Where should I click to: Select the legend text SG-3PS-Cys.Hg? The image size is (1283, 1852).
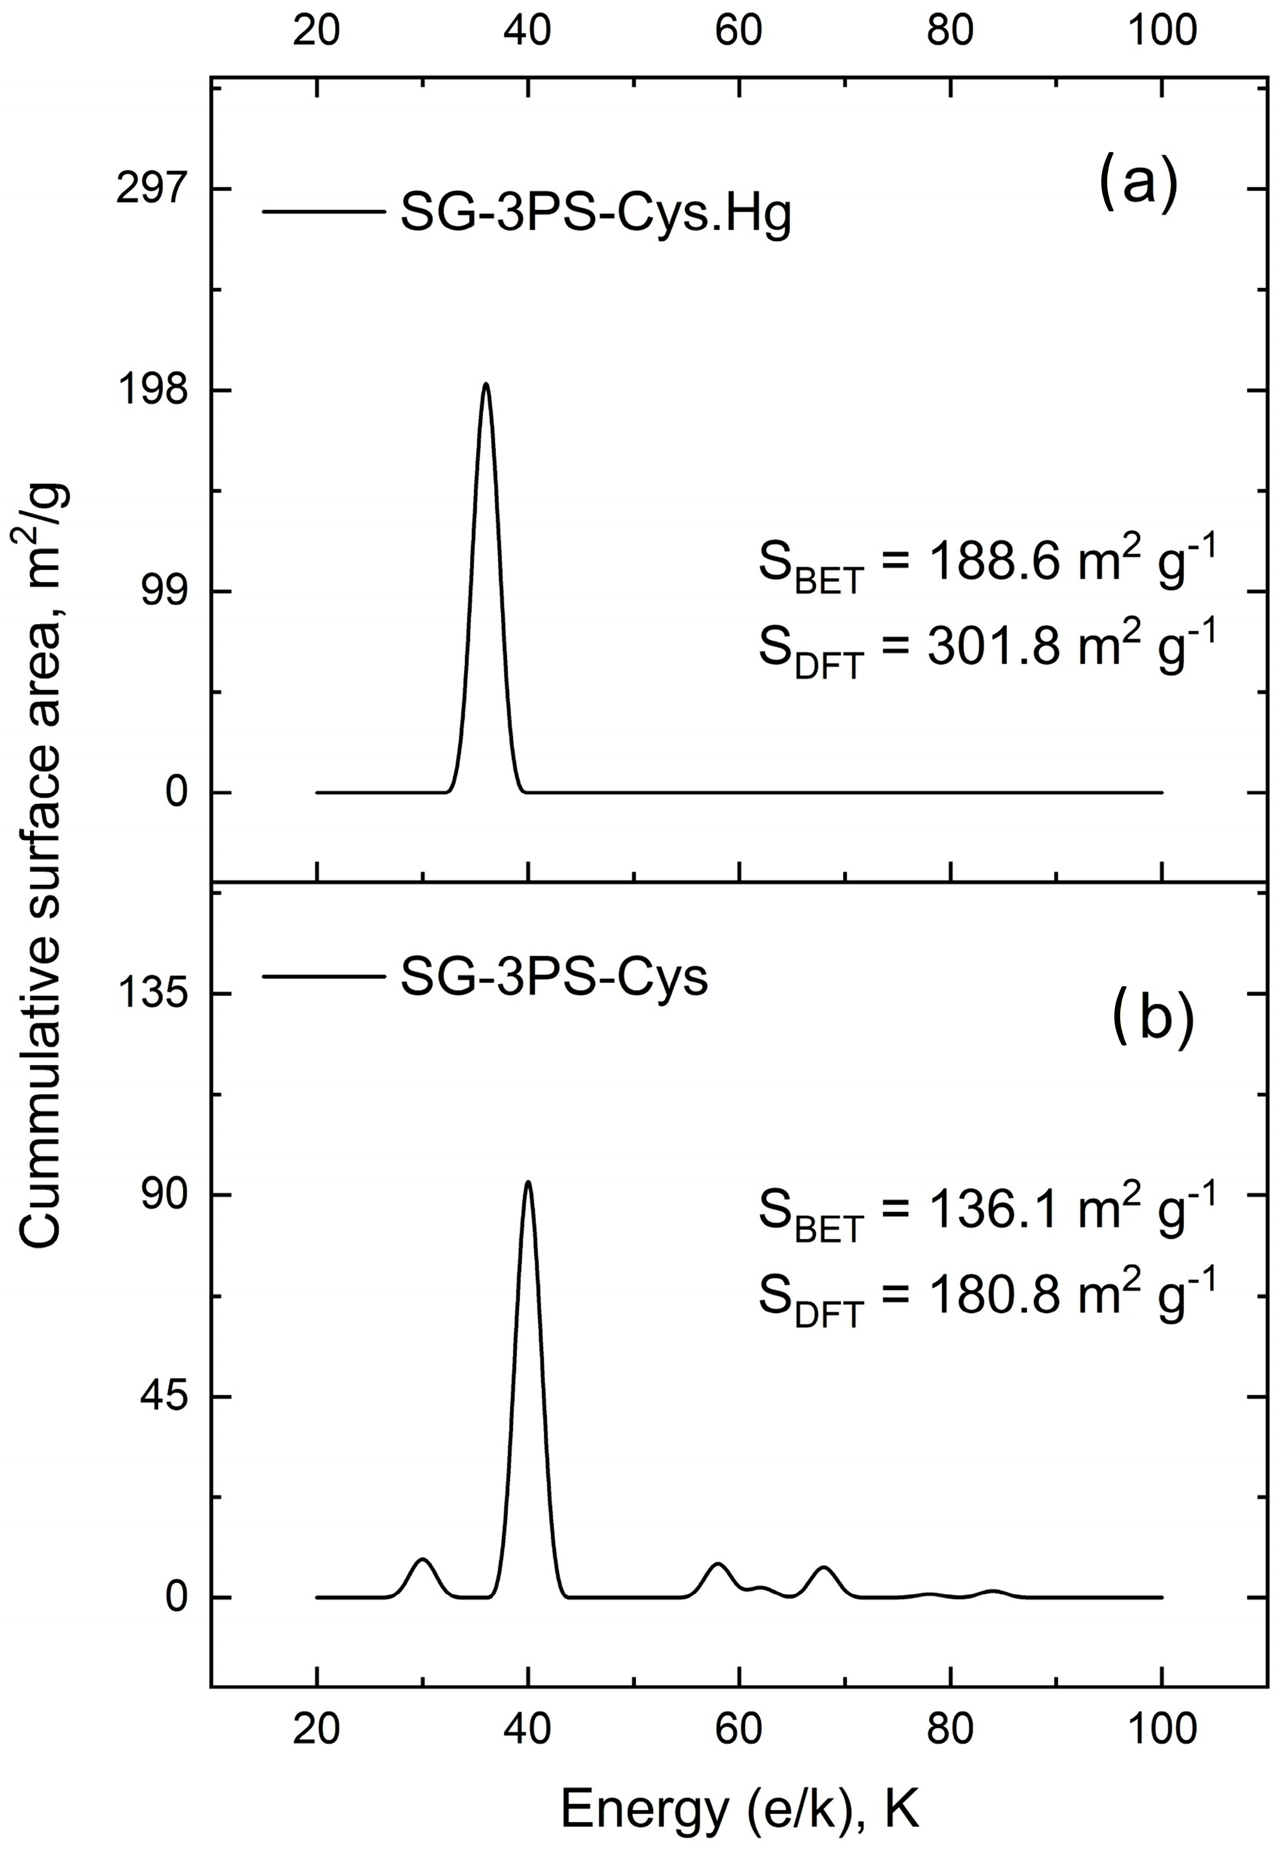pyautogui.click(x=596, y=215)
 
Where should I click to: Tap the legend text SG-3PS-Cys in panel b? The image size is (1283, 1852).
pyautogui.click(x=554, y=979)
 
